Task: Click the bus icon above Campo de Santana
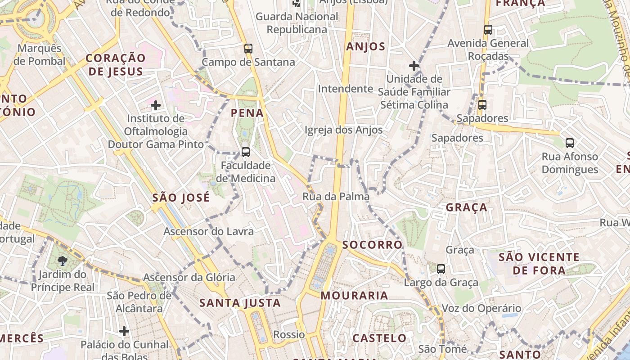point(248,49)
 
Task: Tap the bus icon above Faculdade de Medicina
point(245,152)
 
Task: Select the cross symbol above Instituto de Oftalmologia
point(156,106)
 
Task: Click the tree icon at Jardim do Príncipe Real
point(63,261)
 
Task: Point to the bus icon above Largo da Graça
point(441,269)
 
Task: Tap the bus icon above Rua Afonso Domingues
point(570,144)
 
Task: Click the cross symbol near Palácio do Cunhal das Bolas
point(124,332)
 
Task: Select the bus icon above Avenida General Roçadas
point(488,30)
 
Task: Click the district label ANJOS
point(366,47)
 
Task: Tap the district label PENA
point(247,113)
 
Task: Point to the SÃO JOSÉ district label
point(181,198)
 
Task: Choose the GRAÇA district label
point(467,207)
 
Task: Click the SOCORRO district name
point(372,245)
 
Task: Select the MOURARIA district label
point(354,296)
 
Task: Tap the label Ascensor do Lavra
point(209,232)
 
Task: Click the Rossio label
point(289,335)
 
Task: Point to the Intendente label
point(346,89)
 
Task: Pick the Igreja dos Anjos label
point(344,130)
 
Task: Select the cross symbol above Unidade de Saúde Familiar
point(414,66)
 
